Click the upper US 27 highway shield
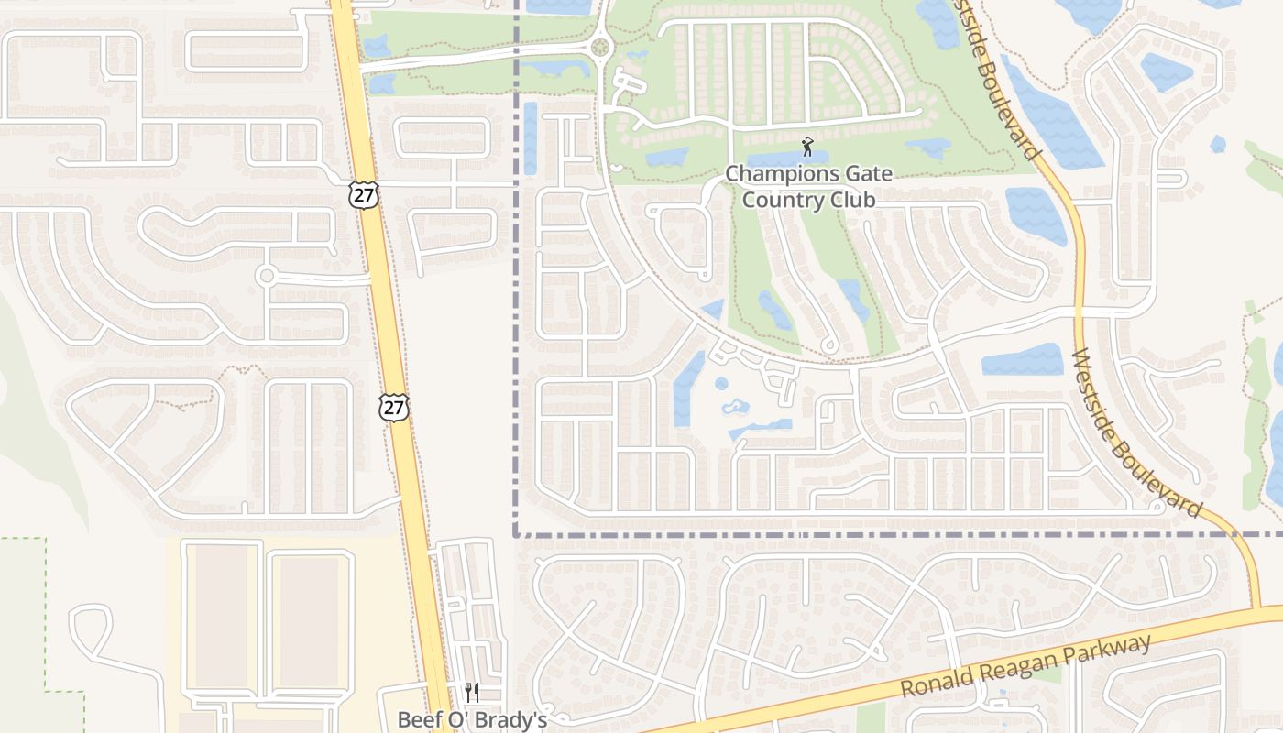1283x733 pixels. tap(363, 194)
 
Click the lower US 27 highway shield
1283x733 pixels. tap(394, 408)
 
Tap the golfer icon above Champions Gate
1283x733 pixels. tap(806, 147)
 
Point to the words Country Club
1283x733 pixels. tap(808, 199)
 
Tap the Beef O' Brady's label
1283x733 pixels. tap(472, 719)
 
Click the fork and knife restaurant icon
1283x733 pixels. tap(472, 692)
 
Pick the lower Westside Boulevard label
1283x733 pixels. tap(1136, 432)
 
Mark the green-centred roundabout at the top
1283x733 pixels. tap(600, 47)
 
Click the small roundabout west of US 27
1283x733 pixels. tap(267, 275)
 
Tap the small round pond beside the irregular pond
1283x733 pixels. tap(721, 383)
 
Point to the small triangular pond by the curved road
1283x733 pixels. tap(713, 310)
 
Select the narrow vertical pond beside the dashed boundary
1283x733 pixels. tap(530, 137)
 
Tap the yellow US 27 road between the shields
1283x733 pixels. tap(379, 302)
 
